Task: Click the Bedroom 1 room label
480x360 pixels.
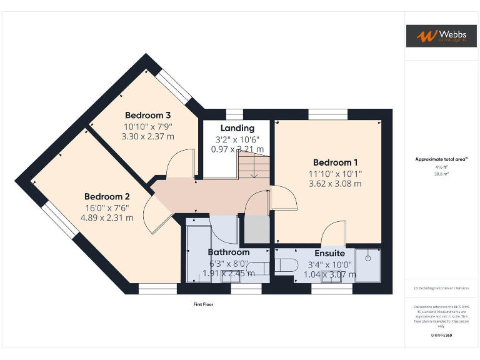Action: [x=336, y=162]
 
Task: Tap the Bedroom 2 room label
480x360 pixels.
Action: [x=107, y=196]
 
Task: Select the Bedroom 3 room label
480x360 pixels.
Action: [x=148, y=115]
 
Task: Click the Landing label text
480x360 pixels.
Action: [x=237, y=128]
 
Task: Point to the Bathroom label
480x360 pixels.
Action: [x=228, y=252]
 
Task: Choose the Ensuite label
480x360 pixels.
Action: [x=329, y=253]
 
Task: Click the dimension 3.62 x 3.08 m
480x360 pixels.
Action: [x=335, y=184]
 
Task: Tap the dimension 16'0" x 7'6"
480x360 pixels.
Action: [x=107, y=207]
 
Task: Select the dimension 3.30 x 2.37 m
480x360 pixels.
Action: [x=148, y=136]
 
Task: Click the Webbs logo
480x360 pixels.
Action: [x=441, y=36]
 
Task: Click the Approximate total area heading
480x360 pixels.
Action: [x=441, y=159]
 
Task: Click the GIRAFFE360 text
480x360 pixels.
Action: [x=441, y=336]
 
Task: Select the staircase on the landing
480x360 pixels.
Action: [x=253, y=166]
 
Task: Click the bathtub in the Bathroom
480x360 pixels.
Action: [x=199, y=253]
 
